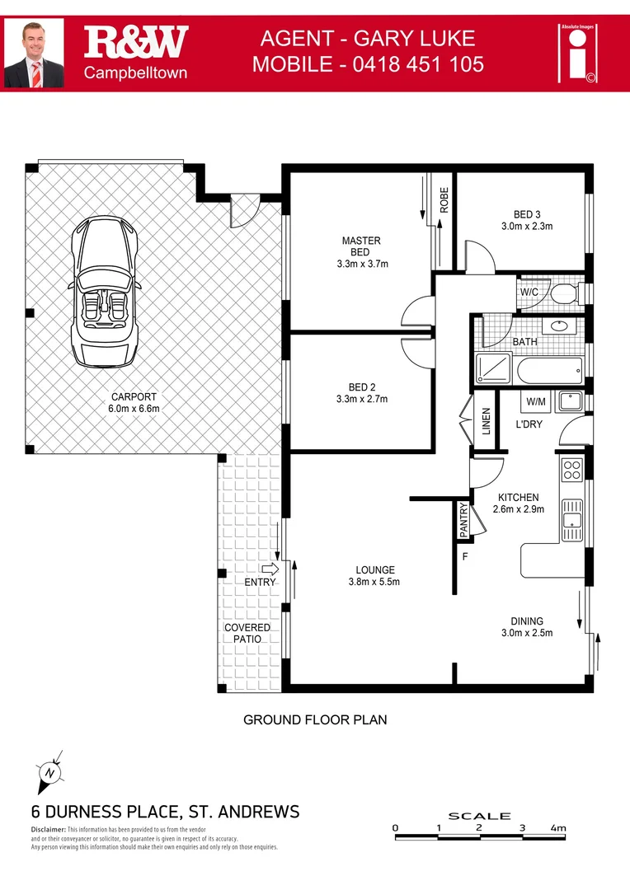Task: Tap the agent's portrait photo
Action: tap(37, 54)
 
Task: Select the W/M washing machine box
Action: tap(536, 401)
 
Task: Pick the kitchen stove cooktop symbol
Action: tap(571, 470)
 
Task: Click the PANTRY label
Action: tap(463, 521)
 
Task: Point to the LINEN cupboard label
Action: tap(487, 422)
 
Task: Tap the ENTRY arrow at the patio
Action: tap(270, 569)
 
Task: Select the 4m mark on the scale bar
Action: tap(558, 827)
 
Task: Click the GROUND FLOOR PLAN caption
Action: tap(315, 719)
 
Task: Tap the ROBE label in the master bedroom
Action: tap(444, 201)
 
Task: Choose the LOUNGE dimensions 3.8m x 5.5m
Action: tap(375, 582)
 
